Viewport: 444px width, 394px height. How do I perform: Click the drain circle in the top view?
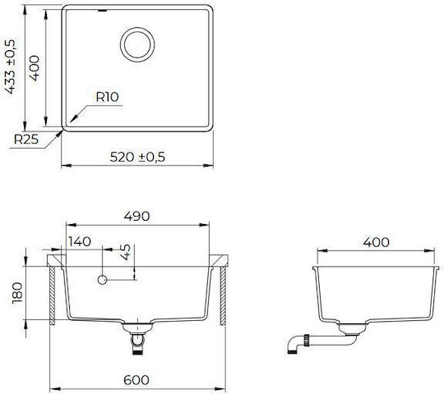click(x=137, y=28)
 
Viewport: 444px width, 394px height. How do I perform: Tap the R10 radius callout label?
click(x=108, y=97)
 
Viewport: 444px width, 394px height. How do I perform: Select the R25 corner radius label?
click(x=26, y=139)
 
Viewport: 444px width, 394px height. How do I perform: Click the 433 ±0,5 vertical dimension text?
click(x=10, y=66)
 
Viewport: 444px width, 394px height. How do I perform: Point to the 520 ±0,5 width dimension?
click(x=137, y=157)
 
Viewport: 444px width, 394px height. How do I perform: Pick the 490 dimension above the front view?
click(x=136, y=216)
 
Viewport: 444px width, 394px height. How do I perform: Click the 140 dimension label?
click(x=80, y=241)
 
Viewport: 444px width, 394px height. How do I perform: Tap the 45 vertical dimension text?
click(x=126, y=252)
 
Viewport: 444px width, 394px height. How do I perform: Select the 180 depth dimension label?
click(x=17, y=292)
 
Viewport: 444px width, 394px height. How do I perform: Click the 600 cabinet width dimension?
click(x=136, y=380)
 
